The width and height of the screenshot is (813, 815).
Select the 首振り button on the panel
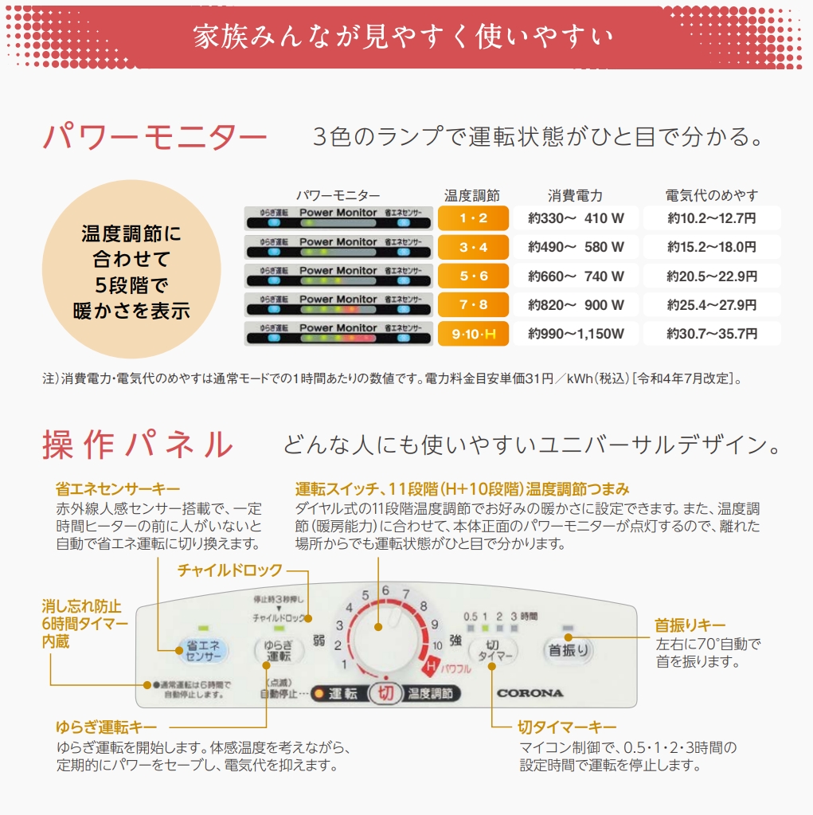pyautogui.click(x=569, y=650)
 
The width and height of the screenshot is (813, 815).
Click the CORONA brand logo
pyautogui.click(x=530, y=693)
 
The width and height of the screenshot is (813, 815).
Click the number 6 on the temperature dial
pyautogui.click(x=385, y=590)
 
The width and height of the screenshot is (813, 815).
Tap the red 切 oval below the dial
pyautogui.click(x=386, y=693)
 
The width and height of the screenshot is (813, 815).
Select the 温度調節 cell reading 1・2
pyautogui.click(x=473, y=218)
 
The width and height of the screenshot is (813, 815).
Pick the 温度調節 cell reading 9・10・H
pyautogui.click(x=473, y=334)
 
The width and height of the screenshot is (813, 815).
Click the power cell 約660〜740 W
pyautogui.click(x=576, y=276)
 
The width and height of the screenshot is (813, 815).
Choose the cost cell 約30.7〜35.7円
pyautogui.click(x=712, y=334)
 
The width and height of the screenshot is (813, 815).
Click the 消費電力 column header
pyautogui.click(x=575, y=195)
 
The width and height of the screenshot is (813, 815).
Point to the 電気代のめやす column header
pyautogui.click(x=712, y=195)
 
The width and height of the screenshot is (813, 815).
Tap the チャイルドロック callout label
pyautogui.click(x=229, y=570)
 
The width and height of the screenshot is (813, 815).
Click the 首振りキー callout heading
pyautogui.click(x=690, y=625)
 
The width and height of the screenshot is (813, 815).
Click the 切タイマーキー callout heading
pyautogui.click(x=567, y=727)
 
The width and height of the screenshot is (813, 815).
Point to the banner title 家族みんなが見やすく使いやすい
pyautogui.click(x=404, y=37)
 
